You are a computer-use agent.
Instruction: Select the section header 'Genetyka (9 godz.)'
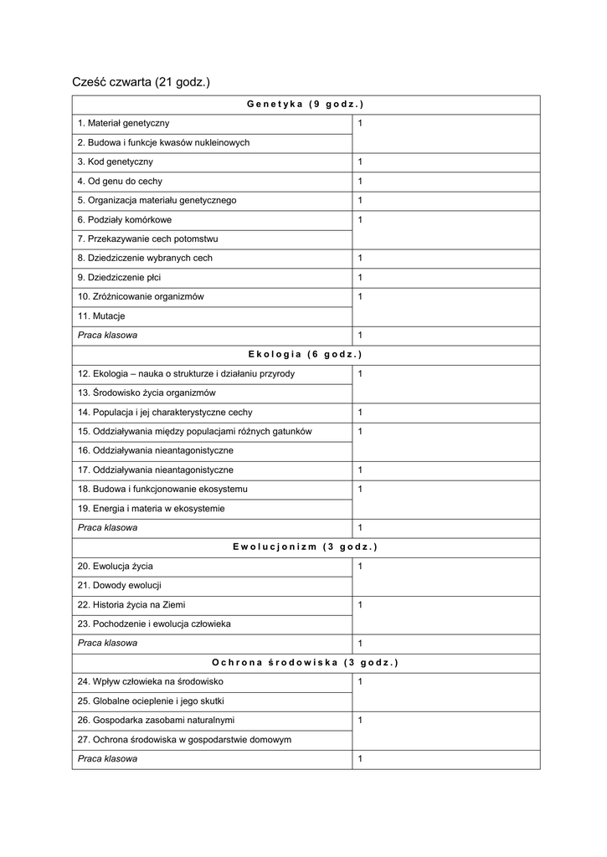click(x=306, y=104)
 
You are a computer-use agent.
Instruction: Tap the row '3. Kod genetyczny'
click(x=116, y=162)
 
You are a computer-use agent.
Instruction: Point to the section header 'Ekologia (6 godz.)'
click(x=306, y=354)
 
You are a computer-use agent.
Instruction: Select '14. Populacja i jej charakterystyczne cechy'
click(x=165, y=412)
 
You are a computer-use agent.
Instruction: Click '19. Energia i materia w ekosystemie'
click(x=151, y=508)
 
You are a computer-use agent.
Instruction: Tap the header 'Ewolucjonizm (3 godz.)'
click(x=306, y=547)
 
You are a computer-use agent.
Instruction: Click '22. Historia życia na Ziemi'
click(x=131, y=604)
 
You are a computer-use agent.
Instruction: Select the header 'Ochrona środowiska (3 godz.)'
click(x=306, y=662)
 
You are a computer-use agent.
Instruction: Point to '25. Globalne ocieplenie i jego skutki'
click(x=151, y=700)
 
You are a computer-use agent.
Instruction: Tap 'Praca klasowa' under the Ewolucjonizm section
click(x=108, y=643)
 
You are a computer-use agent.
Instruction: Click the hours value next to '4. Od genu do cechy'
click(x=360, y=181)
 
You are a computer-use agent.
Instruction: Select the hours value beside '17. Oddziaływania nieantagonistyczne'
click(x=360, y=470)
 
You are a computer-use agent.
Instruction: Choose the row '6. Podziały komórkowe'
click(x=125, y=219)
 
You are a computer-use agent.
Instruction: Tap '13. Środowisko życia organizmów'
click(x=147, y=393)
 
